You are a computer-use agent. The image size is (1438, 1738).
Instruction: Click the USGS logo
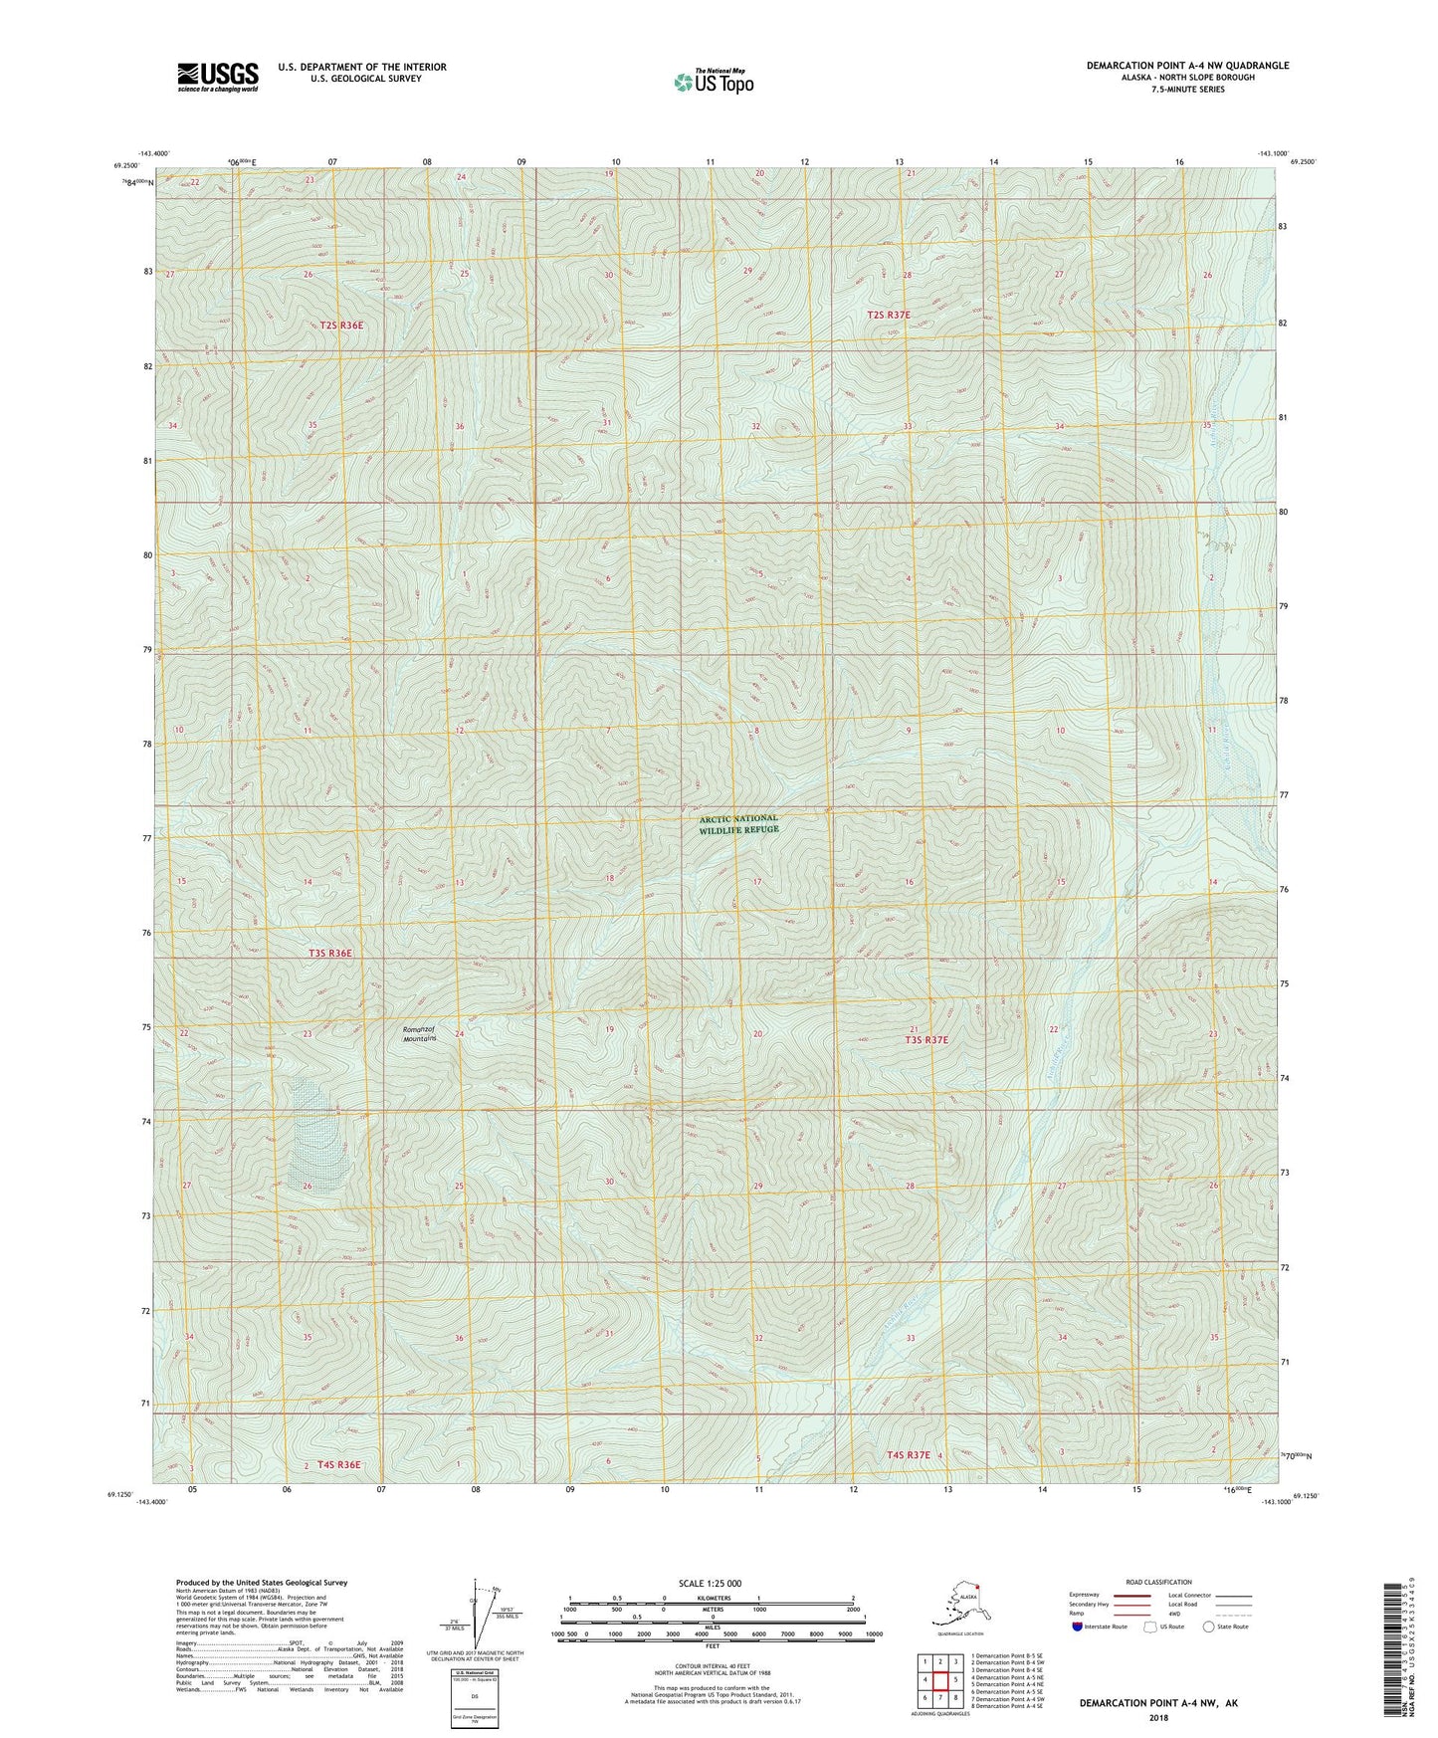pos(218,77)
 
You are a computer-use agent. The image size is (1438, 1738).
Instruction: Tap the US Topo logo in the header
pos(713,81)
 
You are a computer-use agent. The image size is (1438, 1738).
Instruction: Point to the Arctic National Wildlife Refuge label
pos(738,823)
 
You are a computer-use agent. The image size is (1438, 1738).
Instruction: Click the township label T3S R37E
pos(925,1040)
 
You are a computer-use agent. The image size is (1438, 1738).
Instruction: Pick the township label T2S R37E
pos(889,315)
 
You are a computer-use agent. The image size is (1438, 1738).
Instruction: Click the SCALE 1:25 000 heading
pos(710,1583)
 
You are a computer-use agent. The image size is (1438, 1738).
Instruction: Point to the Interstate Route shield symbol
pos(1080,1627)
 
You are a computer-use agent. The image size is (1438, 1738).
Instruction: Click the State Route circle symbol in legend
pos(1208,1627)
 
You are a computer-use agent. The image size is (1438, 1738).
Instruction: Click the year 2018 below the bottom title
pos(1158,1717)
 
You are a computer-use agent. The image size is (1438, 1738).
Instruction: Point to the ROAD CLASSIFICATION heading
pos(1158,1582)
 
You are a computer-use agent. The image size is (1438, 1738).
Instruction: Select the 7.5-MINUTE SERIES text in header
pos(1187,90)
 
